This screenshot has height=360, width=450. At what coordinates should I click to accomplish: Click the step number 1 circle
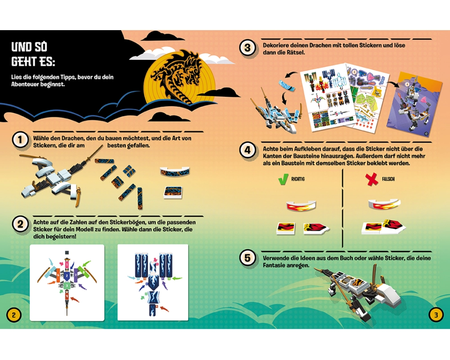[x=20, y=140]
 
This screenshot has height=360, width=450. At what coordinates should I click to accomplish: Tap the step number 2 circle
[x=20, y=224]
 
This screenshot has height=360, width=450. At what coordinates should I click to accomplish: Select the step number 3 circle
[x=247, y=48]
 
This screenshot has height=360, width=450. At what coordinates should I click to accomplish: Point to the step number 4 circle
[x=247, y=150]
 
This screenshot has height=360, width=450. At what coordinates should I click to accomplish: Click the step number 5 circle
[x=247, y=258]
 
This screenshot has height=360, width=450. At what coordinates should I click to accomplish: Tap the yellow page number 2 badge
[x=13, y=315]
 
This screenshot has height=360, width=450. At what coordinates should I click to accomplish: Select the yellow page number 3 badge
[x=436, y=315]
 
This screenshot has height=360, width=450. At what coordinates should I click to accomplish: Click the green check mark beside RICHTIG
[x=283, y=179]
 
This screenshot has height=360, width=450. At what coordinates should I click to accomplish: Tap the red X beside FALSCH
[x=372, y=180]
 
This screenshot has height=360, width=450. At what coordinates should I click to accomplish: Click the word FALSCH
[x=388, y=179]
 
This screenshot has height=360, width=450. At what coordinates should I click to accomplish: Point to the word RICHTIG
[x=298, y=179]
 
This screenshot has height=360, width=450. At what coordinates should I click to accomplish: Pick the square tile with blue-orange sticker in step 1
[x=173, y=193]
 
